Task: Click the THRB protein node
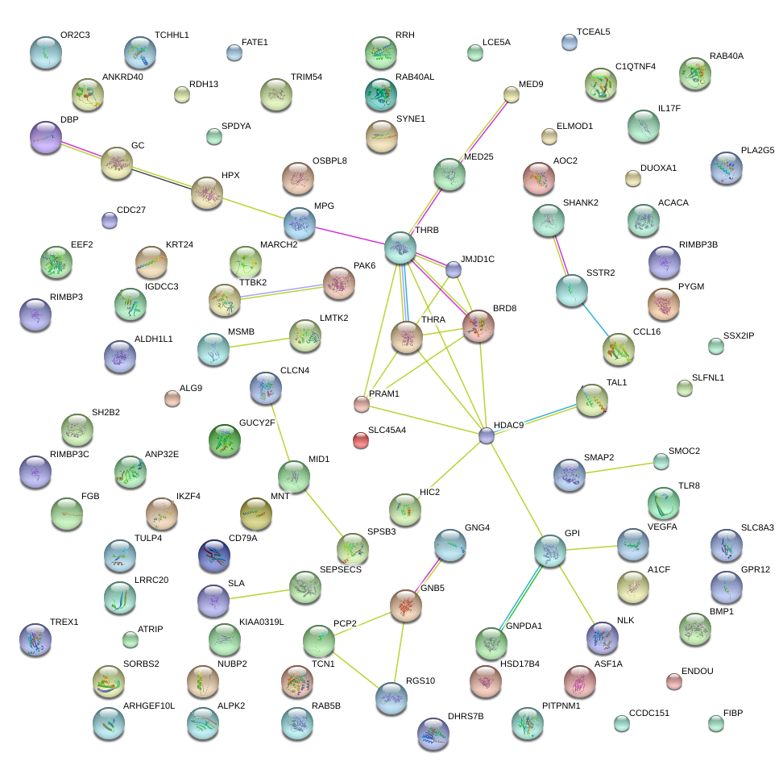(400, 248)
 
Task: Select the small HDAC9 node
(486, 435)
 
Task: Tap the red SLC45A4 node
(360, 439)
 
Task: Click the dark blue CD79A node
(213, 555)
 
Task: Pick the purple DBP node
(45, 137)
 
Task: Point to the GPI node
(550, 550)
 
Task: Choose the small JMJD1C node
(454, 269)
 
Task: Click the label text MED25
(479, 156)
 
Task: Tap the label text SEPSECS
(342, 569)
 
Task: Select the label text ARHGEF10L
(149, 706)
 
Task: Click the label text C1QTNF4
(635, 66)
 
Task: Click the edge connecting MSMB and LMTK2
(259, 341)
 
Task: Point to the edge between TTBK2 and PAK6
(282, 290)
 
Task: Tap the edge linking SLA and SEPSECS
(259, 593)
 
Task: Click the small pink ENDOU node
(673, 681)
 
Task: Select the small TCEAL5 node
(569, 42)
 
